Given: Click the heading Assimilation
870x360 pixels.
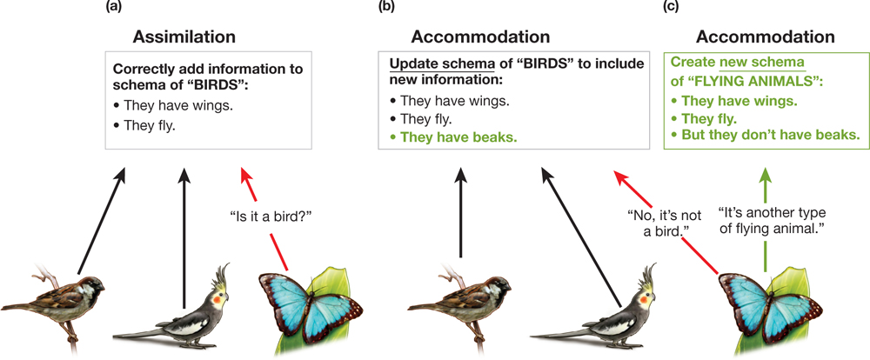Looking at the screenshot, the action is [x=184, y=37].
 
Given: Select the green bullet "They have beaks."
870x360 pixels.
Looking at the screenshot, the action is [x=458, y=137].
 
